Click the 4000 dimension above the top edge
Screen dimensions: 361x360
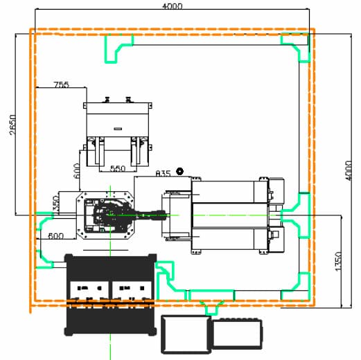(x=172, y=6)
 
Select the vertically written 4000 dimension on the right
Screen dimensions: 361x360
(x=349, y=171)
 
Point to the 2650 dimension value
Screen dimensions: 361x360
(x=13, y=125)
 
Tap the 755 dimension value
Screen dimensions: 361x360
(x=62, y=84)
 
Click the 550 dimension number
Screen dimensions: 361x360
(x=118, y=169)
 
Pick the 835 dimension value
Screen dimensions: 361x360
(x=163, y=173)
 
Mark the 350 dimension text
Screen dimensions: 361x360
(x=56, y=204)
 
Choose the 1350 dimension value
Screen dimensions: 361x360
(x=337, y=262)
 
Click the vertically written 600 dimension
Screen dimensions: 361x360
(x=77, y=171)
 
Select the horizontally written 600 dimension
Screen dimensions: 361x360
(x=55, y=236)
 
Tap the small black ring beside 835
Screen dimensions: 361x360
(x=179, y=172)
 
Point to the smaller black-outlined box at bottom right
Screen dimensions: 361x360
(x=237, y=334)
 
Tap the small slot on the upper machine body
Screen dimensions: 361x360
(x=118, y=129)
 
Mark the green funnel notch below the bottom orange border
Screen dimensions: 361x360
(x=211, y=307)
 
